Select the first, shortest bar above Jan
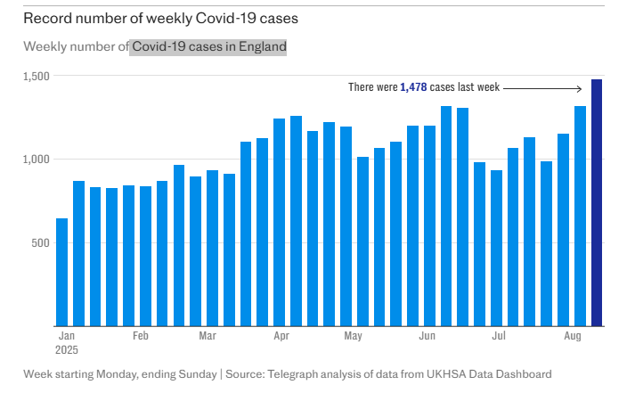61,272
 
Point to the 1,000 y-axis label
37,159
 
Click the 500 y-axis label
42,242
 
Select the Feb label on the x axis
140,337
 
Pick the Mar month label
208,337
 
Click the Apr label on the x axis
281,337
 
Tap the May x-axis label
353,337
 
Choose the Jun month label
427,337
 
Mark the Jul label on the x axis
500,337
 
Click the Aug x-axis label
574,337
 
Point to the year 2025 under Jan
67,350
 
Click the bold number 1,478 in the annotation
413,87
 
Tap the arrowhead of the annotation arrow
580,87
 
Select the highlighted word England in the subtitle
263,46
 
